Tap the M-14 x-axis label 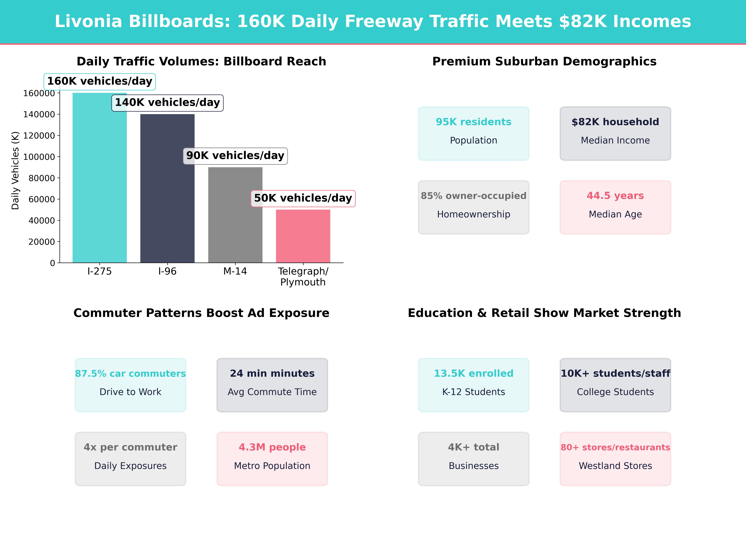click(235, 271)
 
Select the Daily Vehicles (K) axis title click(15, 170)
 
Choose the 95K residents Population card click(474, 133)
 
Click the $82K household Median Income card click(615, 133)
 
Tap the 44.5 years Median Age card click(615, 207)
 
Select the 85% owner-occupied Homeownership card click(474, 207)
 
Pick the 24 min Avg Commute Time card click(272, 385)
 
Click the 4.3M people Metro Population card click(272, 459)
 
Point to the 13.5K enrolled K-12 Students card click(474, 385)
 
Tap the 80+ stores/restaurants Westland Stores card click(615, 459)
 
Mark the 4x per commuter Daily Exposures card click(131, 459)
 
